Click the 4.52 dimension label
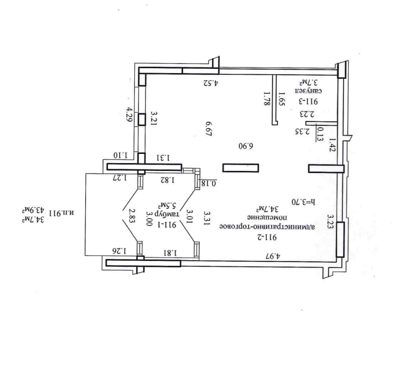211,83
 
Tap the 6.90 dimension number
246,146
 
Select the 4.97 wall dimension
273,256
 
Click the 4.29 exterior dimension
130,115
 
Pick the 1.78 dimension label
266,99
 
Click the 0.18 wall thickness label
208,183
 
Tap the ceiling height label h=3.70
304,202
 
